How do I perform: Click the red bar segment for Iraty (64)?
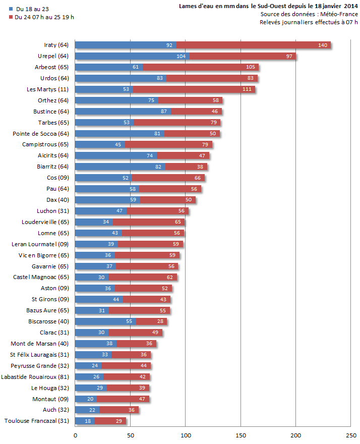pyautogui.click(x=252, y=45)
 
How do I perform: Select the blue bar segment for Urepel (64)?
pyautogui.click(x=131, y=56)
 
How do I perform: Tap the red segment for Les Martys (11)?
pyautogui.click(x=194, y=89)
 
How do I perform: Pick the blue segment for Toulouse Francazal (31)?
pyautogui.click(x=85, y=421)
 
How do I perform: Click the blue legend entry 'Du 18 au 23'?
pyautogui.click(x=31, y=9)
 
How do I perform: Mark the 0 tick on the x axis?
pyautogui.click(x=75, y=435)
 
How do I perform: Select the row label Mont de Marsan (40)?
pyautogui.click(x=40, y=344)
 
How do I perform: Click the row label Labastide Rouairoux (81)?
pyautogui.click(x=35, y=377)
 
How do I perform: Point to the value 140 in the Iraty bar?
pyautogui.click(x=323, y=45)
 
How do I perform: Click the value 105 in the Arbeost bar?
pyautogui.click(x=251, y=67)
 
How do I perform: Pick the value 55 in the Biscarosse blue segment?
pyautogui.click(x=129, y=321)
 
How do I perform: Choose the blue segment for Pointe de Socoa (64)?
pyautogui.click(x=119, y=134)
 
